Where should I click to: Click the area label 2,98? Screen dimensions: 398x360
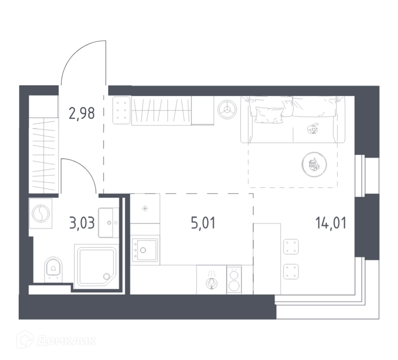[82, 114]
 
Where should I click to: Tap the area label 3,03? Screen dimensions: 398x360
[82, 223]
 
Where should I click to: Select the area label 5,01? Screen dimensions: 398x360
[203, 223]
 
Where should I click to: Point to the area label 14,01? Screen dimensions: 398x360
[331, 223]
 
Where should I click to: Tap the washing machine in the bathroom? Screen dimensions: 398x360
[41, 213]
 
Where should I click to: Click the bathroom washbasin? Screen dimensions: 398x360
[108, 223]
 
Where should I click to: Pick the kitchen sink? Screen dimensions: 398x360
[145, 250]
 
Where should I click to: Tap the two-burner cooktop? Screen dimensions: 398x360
[234, 279]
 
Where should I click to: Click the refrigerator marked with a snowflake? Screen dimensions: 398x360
[145, 209]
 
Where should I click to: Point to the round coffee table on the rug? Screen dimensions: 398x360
[314, 164]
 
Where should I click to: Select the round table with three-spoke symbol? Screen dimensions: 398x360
[227, 110]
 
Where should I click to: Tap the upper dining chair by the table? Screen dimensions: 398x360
[291, 246]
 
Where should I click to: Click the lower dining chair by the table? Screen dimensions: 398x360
[291, 271]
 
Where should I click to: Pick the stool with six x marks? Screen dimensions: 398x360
[121, 110]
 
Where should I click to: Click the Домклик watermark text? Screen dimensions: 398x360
[66, 341]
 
